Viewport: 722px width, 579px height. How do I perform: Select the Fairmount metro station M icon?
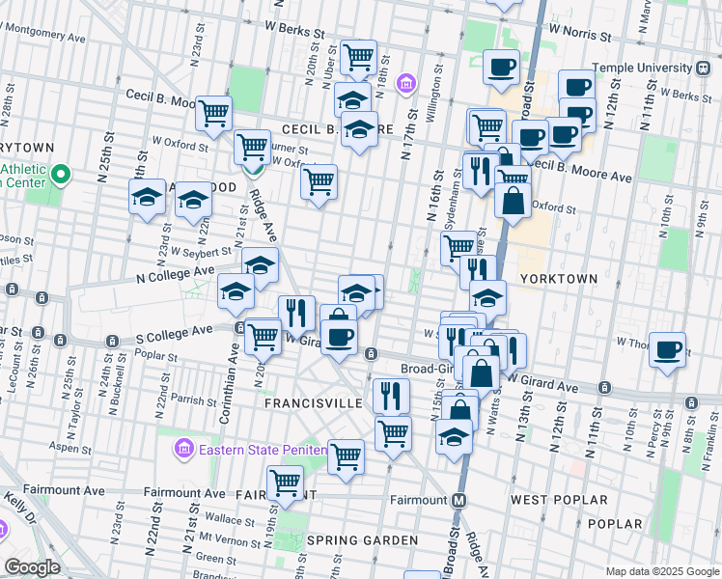[x=459, y=500]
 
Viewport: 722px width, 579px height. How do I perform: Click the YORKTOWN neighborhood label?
[x=558, y=278]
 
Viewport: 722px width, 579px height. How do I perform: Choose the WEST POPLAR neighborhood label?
[x=559, y=500]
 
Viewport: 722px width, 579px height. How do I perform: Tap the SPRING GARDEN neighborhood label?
[x=362, y=540]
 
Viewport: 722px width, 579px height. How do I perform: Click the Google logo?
[x=33, y=567]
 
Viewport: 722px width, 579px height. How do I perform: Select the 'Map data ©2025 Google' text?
[x=662, y=571]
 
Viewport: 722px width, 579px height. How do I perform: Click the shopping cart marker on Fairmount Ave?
[x=286, y=482]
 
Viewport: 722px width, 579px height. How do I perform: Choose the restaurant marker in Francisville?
[x=391, y=395]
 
